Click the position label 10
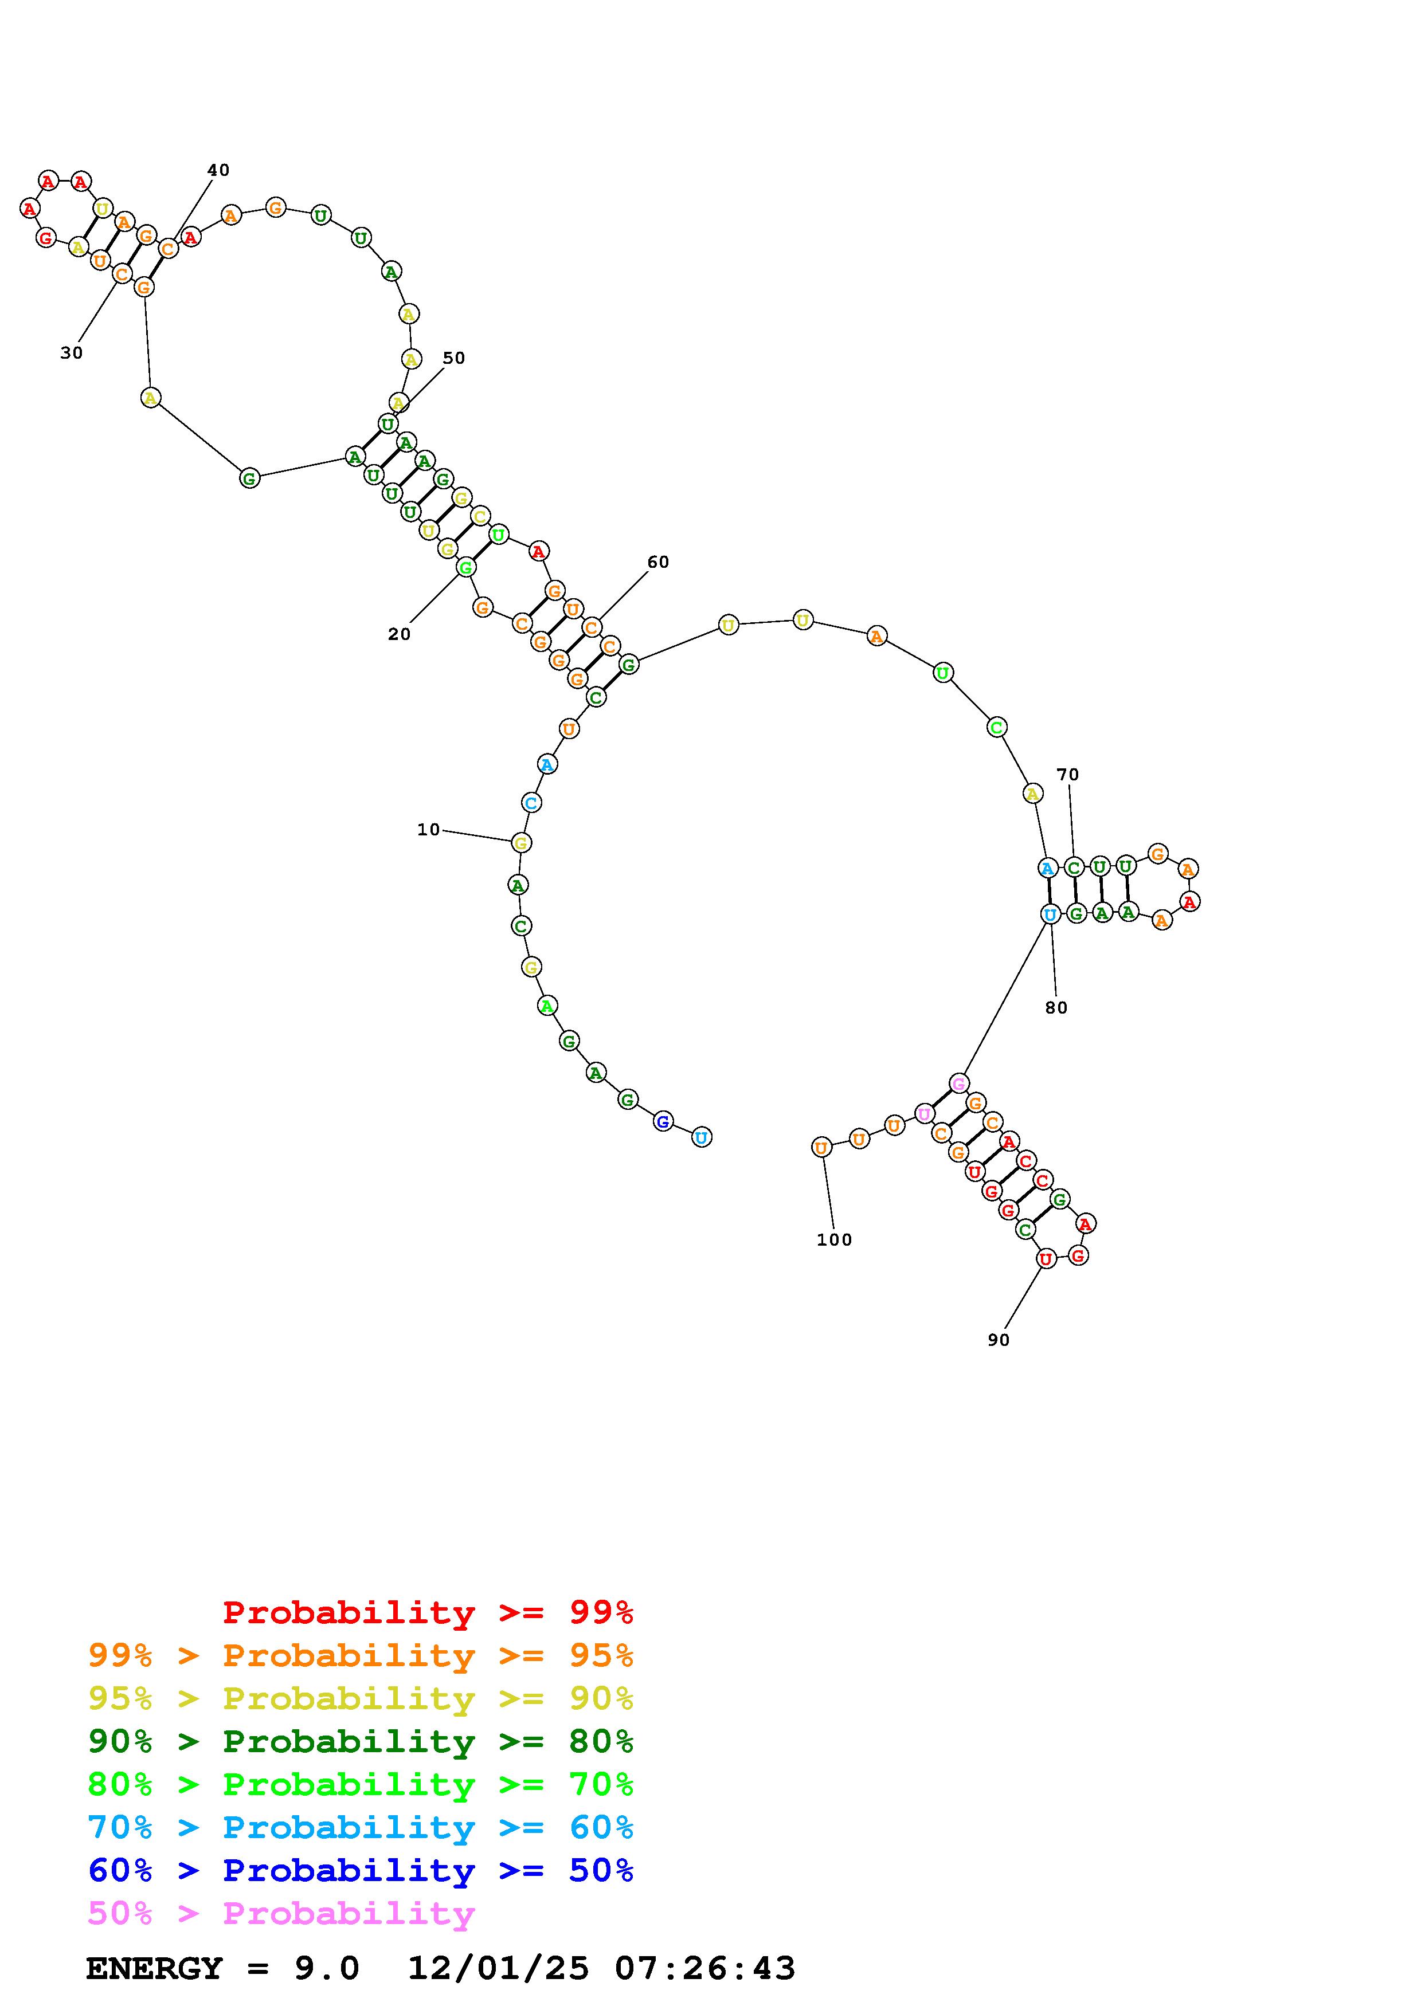pyautogui.click(x=428, y=830)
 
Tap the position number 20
pyautogui.click(x=400, y=635)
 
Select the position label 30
pyautogui.click(x=72, y=353)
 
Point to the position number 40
pyautogui.click(x=218, y=170)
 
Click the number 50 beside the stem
pyautogui.click(x=453, y=358)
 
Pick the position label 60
pyautogui.click(x=659, y=562)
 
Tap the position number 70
pyautogui.click(x=1068, y=775)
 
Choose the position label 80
pyautogui.click(x=1057, y=1008)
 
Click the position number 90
pyautogui.click(x=999, y=1340)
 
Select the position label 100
pyautogui.click(x=835, y=1239)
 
